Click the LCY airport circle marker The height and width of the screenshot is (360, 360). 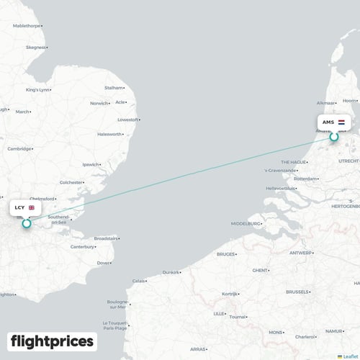(27, 223)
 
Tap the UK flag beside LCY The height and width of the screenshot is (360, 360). (32, 207)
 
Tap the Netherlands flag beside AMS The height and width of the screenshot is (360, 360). (341, 122)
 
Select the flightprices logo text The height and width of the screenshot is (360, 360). (52, 341)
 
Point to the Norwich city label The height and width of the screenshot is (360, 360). (98, 103)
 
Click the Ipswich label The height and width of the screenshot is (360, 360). (91, 164)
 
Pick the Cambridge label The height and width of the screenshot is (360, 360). (19, 148)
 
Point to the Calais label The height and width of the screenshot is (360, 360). (138, 281)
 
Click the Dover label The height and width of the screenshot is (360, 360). (103, 262)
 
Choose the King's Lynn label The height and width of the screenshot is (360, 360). (37, 90)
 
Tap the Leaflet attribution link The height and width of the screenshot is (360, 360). (348, 356)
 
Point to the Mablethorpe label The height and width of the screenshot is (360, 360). (27, 26)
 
